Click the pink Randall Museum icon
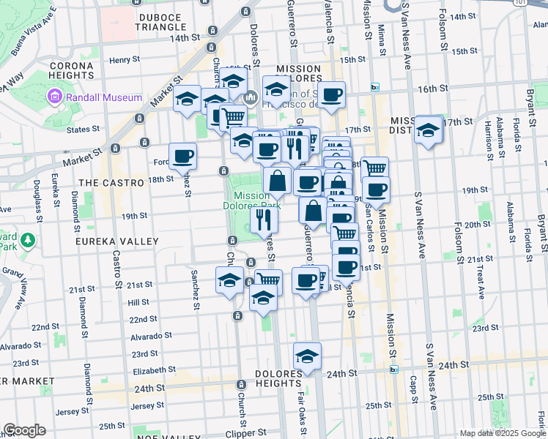tap(54, 97)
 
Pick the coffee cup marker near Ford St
tap(182, 155)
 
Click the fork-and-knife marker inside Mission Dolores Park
tap(264, 219)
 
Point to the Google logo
tap(25, 430)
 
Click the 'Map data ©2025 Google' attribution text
tap(503, 433)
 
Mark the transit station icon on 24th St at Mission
tap(394, 369)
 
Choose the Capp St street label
tap(413, 391)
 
